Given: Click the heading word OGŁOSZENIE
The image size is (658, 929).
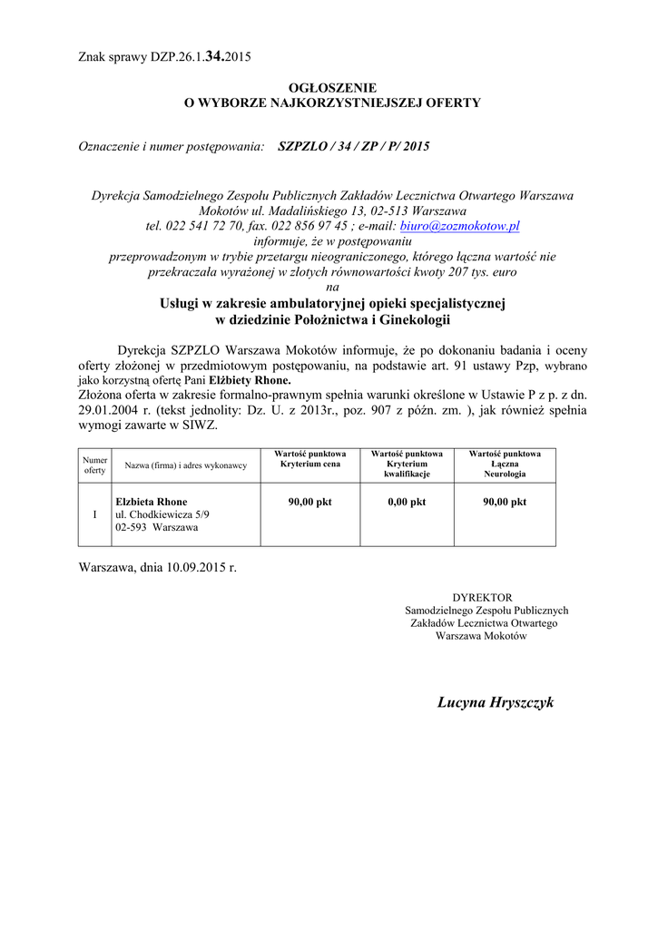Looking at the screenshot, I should [x=332, y=87].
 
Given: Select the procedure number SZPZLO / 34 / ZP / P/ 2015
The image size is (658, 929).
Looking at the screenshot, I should [x=354, y=146].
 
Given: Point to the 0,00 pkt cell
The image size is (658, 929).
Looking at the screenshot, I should [x=406, y=502].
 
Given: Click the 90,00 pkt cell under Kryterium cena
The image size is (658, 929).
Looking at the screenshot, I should [x=309, y=502].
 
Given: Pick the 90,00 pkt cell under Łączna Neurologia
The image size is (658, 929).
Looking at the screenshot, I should [x=505, y=502].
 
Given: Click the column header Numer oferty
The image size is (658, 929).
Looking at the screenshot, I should [x=95, y=465].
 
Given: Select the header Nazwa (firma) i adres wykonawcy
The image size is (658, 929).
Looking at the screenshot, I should [x=185, y=465].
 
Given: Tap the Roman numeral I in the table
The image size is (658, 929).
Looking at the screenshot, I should [x=95, y=514].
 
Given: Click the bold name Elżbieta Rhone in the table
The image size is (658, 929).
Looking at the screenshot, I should [x=151, y=502].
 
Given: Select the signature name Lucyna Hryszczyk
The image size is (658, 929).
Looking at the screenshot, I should [x=495, y=703].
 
